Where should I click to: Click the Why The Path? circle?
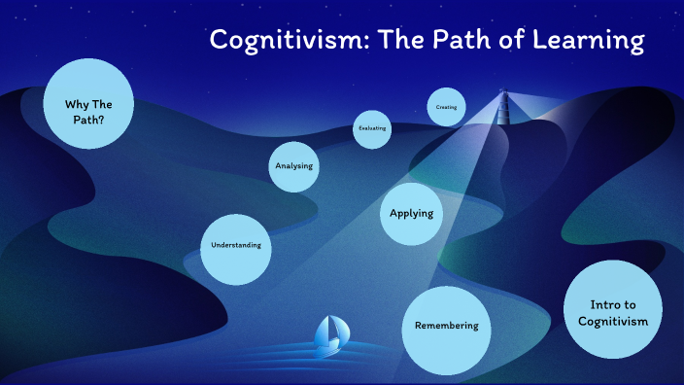(x=88, y=103)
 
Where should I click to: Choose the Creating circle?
(x=446, y=107)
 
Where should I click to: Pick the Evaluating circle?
(x=372, y=128)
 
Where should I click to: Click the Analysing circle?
(x=293, y=166)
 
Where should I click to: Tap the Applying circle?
(x=411, y=213)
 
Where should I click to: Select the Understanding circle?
(x=236, y=246)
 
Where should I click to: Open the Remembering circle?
(x=446, y=327)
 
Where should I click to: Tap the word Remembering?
(x=446, y=327)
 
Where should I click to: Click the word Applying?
(x=411, y=213)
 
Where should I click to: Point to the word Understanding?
(x=236, y=246)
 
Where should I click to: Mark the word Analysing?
(x=293, y=166)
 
